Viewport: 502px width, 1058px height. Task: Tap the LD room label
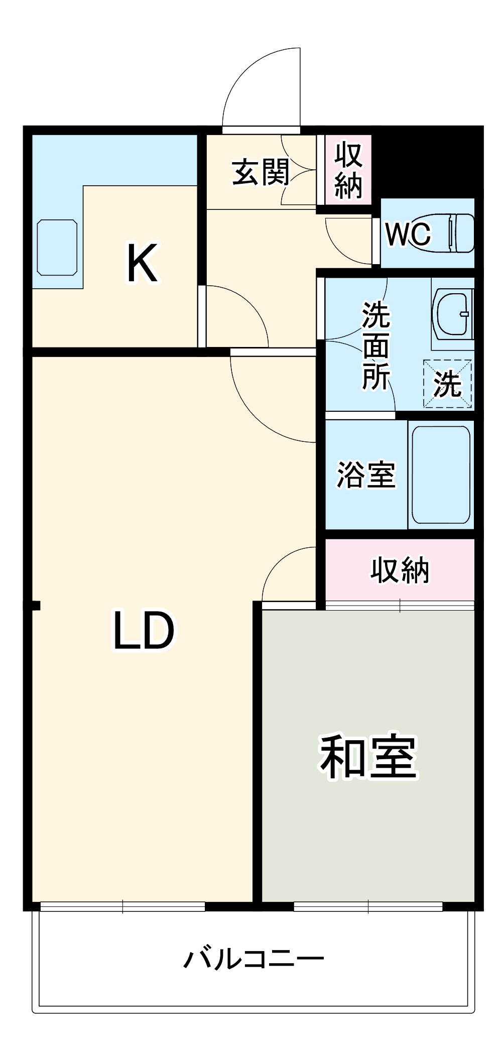144,631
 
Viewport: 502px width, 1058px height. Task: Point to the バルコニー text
254,960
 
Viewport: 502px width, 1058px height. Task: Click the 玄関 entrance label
261,173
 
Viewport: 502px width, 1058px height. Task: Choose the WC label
408,233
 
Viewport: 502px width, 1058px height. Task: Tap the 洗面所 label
376,345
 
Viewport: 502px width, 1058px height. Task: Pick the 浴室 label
366,475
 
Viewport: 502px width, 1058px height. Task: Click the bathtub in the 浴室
441,475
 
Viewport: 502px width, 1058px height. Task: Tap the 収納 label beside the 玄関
348,170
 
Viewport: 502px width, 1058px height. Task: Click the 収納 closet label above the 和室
400,570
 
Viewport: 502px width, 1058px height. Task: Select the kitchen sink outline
57,248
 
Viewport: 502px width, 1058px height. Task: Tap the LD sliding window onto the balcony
122,906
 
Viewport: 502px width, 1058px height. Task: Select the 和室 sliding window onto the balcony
368,906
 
